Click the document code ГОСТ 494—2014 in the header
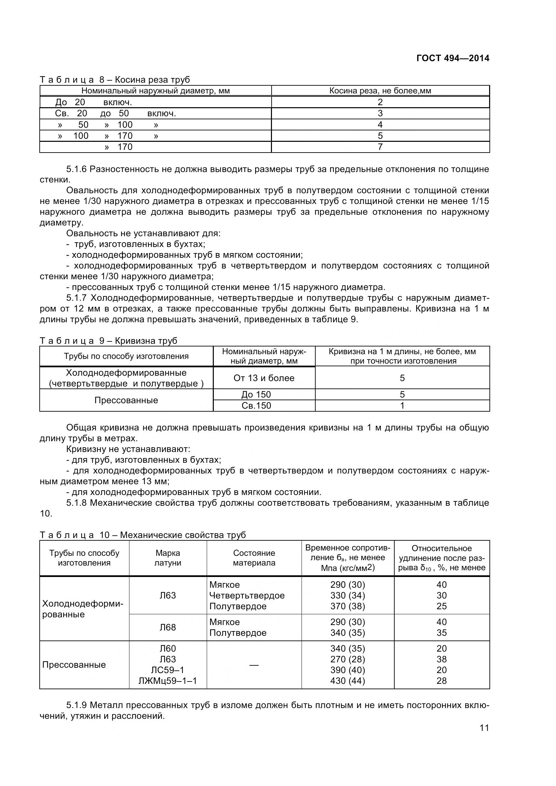click(x=452, y=58)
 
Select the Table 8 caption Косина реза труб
click(x=115, y=80)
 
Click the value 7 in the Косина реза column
click(x=380, y=147)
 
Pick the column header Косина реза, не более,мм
click(x=380, y=91)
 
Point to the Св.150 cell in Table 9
click(x=256, y=406)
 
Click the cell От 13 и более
click(x=264, y=378)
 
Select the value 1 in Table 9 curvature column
click(x=402, y=406)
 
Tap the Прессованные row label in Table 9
click(x=126, y=400)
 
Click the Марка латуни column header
click(x=168, y=558)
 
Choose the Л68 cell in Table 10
click(x=168, y=627)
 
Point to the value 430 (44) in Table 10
click(x=348, y=680)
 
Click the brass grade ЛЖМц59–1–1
click(x=168, y=680)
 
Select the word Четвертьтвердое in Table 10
click(x=247, y=595)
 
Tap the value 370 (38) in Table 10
click(x=348, y=606)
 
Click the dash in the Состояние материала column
click(x=254, y=664)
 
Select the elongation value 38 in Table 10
click(x=442, y=659)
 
